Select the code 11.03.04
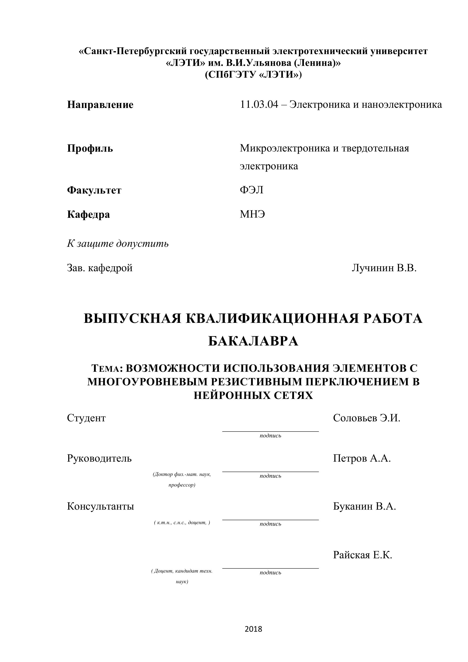point(259,104)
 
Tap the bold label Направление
point(100,105)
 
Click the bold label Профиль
point(90,149)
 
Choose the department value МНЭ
point(252,214)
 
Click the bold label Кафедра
point(88,214)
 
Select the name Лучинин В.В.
point(384,268)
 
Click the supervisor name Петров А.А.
point(362,458)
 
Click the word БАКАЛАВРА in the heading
point(253,341)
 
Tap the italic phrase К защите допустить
point(118,244)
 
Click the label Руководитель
point(99,458)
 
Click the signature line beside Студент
point(270,431)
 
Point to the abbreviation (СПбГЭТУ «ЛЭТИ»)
point(253,75)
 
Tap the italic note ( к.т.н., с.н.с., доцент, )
point(182,523)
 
